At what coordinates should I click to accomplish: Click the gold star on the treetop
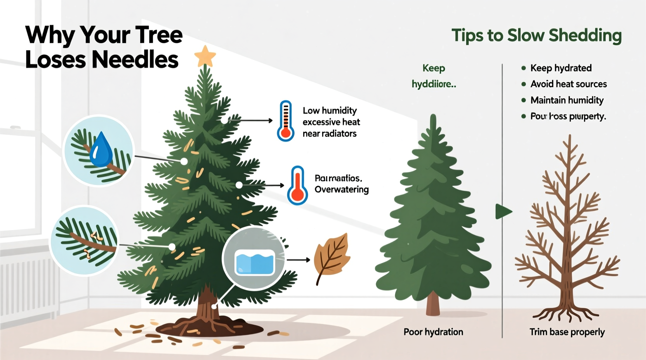point(205,56)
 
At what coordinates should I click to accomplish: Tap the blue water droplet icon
point(101,150)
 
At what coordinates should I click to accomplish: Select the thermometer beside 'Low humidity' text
point(285,121)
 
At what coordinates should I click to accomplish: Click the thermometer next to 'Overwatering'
point(297,185)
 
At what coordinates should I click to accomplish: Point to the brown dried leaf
point(332,256)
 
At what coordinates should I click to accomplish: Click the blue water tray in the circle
point(255,262)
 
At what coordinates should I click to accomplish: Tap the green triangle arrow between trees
point(504,212)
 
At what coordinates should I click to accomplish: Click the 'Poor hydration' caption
point(433,332)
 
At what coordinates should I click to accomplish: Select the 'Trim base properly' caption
point(567,332)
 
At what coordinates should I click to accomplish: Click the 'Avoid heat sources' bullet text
point(568,84)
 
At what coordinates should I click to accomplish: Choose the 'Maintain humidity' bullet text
point(567,100)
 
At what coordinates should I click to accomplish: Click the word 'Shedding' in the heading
point(585,36)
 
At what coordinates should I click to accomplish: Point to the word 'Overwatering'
point(342,190)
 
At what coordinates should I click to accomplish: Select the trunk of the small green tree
point(433,304)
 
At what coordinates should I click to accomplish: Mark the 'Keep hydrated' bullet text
point(561,68)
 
